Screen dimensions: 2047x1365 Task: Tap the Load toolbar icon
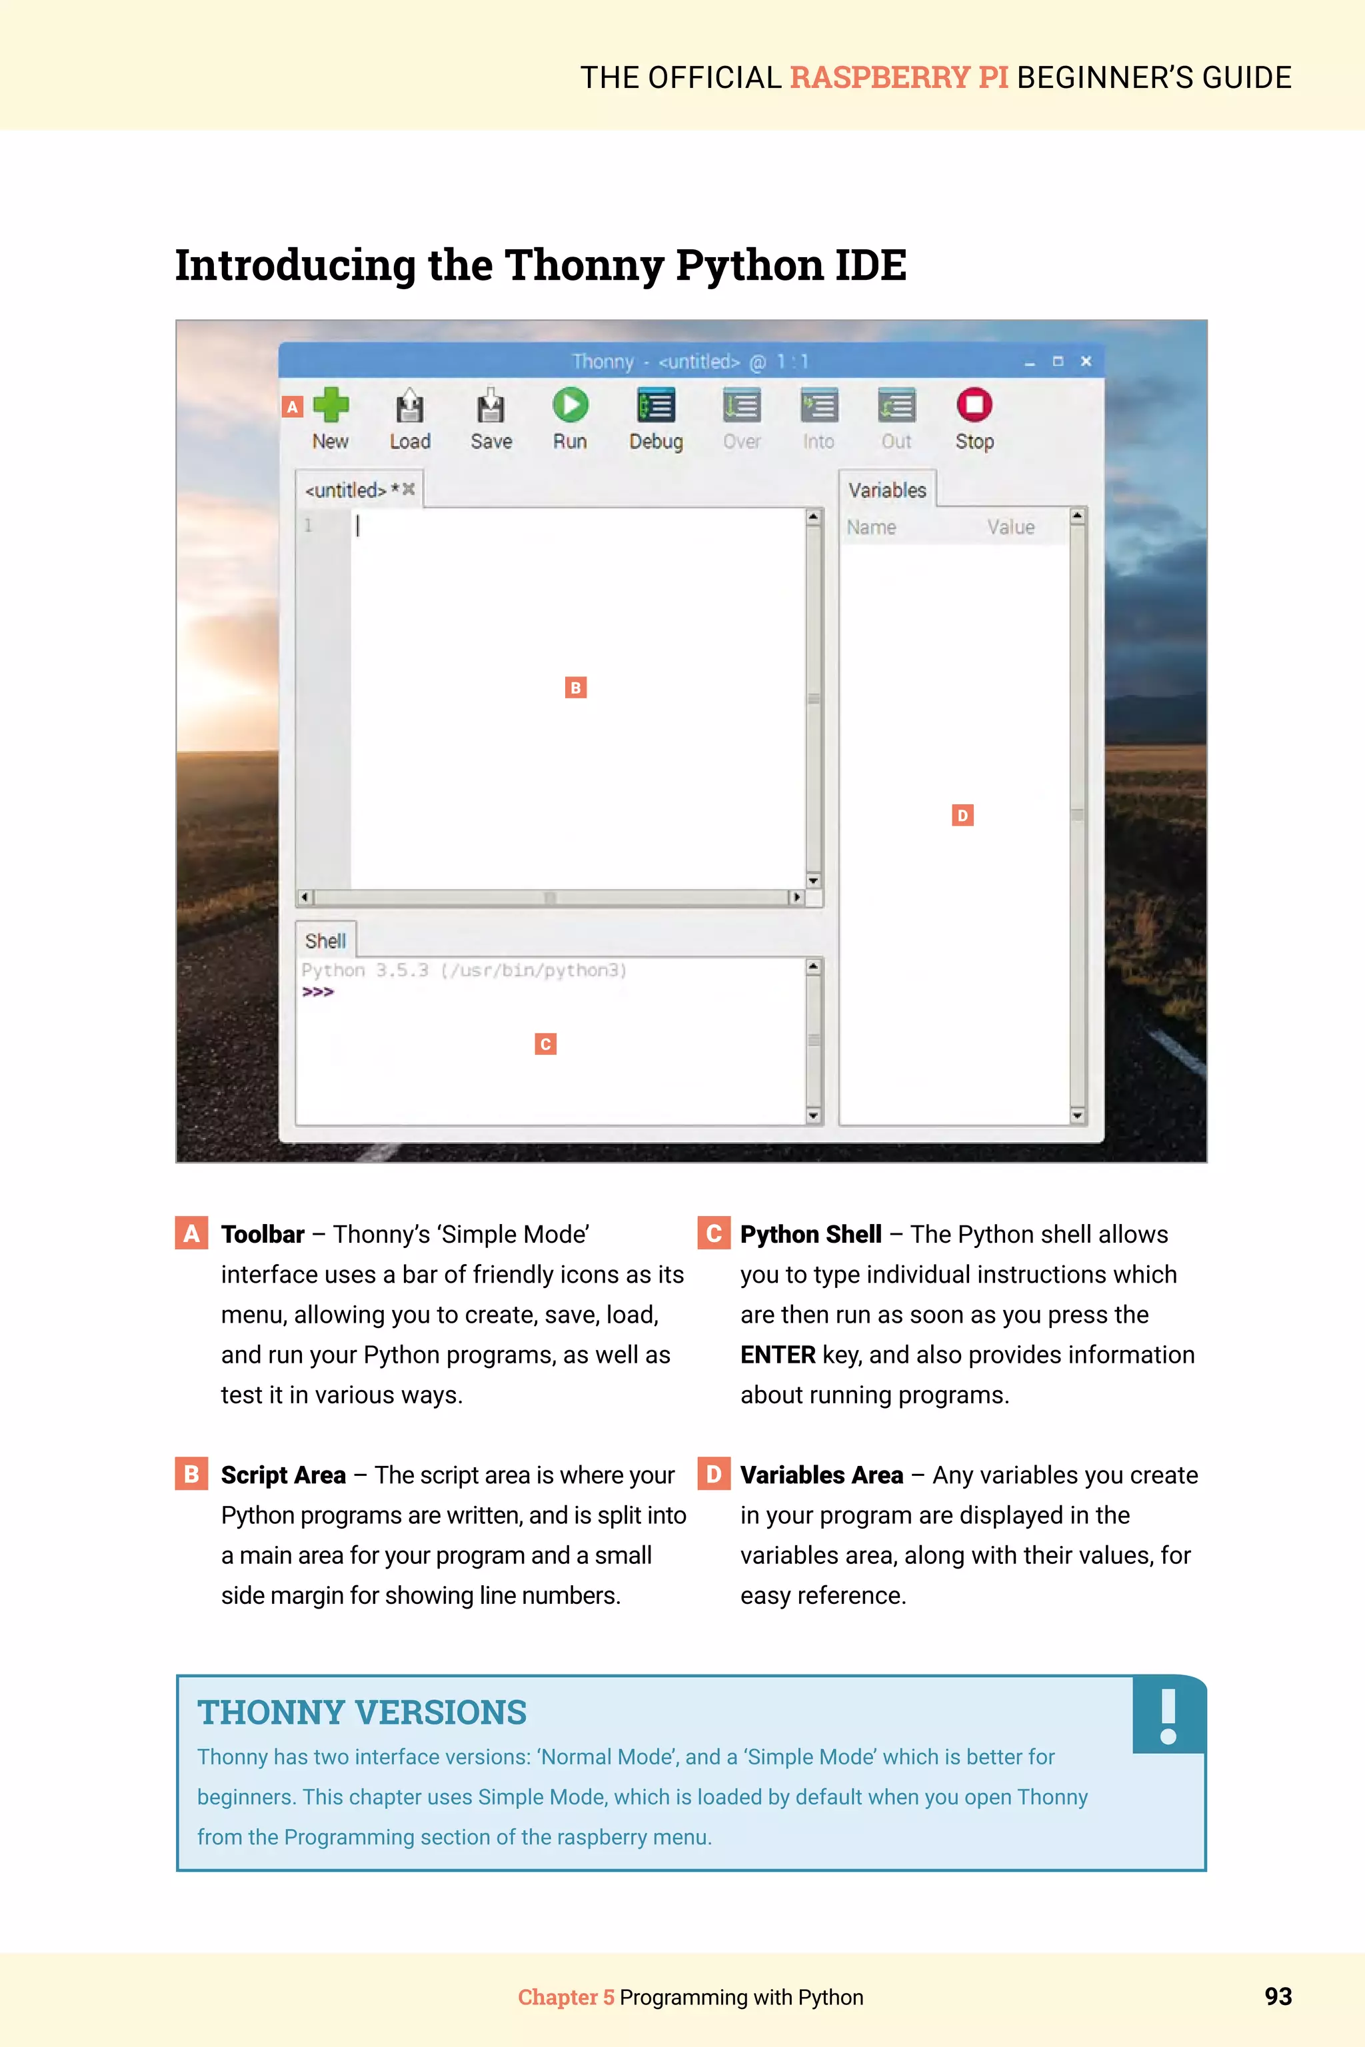[x=409, y=406]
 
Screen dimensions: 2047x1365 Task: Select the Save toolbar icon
[x=491, y=406]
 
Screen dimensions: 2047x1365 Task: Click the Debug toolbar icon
[x=656, y=406]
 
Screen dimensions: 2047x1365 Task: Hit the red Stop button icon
[x=974, y=404]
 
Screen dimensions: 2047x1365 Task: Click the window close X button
[x=1086, y=361]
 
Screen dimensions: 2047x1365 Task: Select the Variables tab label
[x=887, y=490]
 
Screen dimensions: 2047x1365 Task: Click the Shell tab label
[x=325, y=941]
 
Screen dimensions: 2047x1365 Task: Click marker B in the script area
[x=575, y=688]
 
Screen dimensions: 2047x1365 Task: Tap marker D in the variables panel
[x=962, y=816]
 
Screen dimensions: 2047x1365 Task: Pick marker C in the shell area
[x=546, y=1044]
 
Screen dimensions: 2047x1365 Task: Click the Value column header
[x=1010, y=528]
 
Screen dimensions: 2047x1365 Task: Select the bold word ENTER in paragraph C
[x=777, y=1355]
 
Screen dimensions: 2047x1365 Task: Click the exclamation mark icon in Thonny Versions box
[x=1168, y=1715]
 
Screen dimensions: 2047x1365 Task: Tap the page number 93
[x=1278, y=1996]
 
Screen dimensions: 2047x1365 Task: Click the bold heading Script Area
[x=283, y=1475]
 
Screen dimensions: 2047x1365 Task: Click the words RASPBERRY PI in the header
[x=898, y=77]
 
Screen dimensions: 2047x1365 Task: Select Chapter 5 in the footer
[x=566, y=1998]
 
